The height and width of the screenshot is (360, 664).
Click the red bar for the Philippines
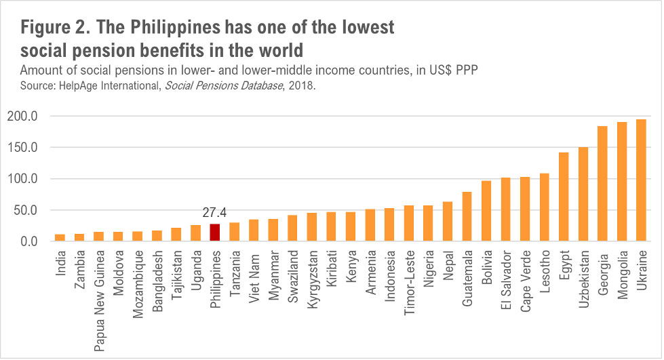click(x=215, y=233)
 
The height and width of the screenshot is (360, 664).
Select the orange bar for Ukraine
click(x=641, y=180)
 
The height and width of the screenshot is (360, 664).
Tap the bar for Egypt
click(x=564, y=197)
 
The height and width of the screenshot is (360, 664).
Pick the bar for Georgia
click(x=602, y=184)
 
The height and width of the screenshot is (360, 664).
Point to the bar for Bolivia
click(x=486, y=211)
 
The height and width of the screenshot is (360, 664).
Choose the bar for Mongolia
click(x=621, y=182)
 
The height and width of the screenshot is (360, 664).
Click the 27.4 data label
click(x=215, y=212)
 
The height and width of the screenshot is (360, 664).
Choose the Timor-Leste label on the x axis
click(x=409, y=277)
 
